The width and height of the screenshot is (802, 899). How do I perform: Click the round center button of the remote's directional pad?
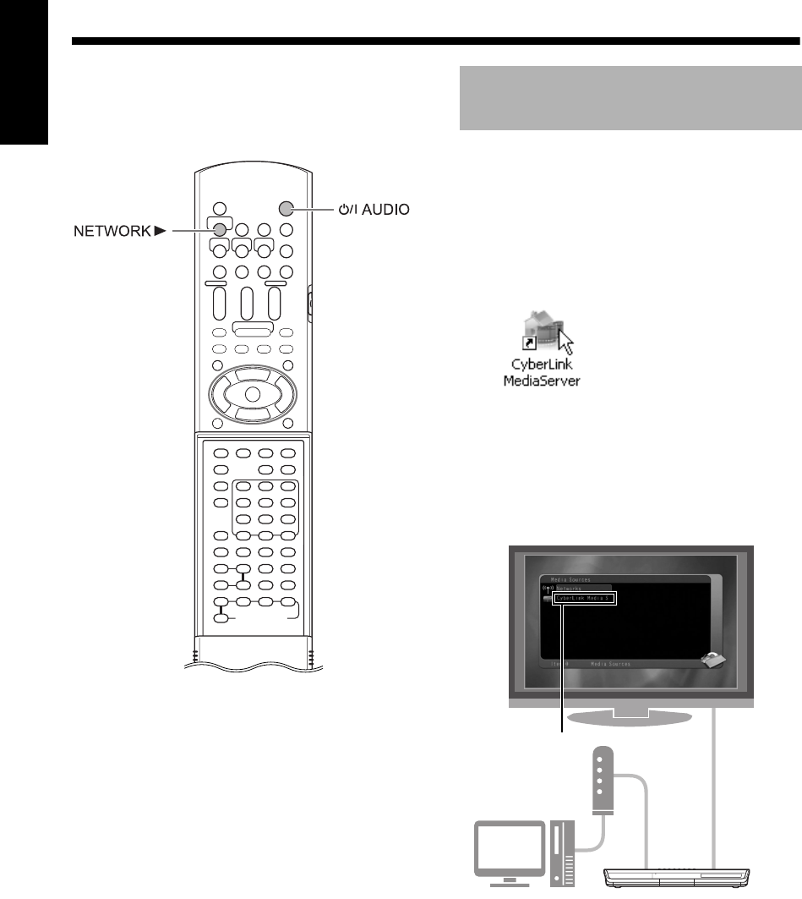point(251,393)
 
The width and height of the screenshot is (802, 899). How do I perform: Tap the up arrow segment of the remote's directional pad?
point(251,373)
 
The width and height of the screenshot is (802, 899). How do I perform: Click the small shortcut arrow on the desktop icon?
point(526,343)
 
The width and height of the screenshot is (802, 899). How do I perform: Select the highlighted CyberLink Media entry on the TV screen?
point(586,598)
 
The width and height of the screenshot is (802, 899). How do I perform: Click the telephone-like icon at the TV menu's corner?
point(707,664)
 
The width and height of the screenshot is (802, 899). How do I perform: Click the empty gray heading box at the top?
point(629,99)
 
